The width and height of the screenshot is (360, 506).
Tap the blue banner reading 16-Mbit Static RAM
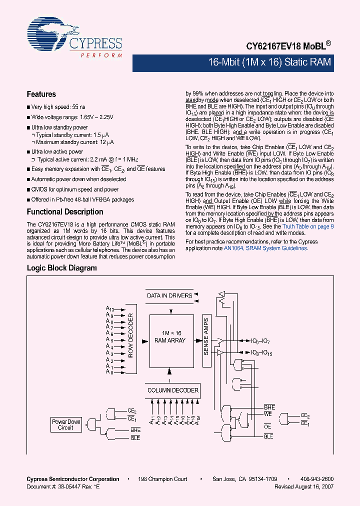[269, 63]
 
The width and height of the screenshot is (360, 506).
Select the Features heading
[41, 94]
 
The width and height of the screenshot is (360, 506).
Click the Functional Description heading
[64, 211]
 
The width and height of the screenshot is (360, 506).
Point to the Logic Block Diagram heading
[61, 268]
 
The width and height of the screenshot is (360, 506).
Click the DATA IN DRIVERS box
[169, 295]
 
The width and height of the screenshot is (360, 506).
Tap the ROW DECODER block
[131, 336]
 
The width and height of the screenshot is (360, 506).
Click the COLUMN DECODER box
[172, 390]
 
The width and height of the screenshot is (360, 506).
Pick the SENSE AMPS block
[206, 336]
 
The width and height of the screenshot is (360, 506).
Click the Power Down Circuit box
[66, 424]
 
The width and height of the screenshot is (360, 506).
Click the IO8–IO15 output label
[260, 353]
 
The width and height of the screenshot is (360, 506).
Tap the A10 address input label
[110, 309]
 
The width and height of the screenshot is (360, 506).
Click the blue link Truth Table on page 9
[308, 226]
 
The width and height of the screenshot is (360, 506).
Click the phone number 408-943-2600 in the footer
[317, 479]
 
